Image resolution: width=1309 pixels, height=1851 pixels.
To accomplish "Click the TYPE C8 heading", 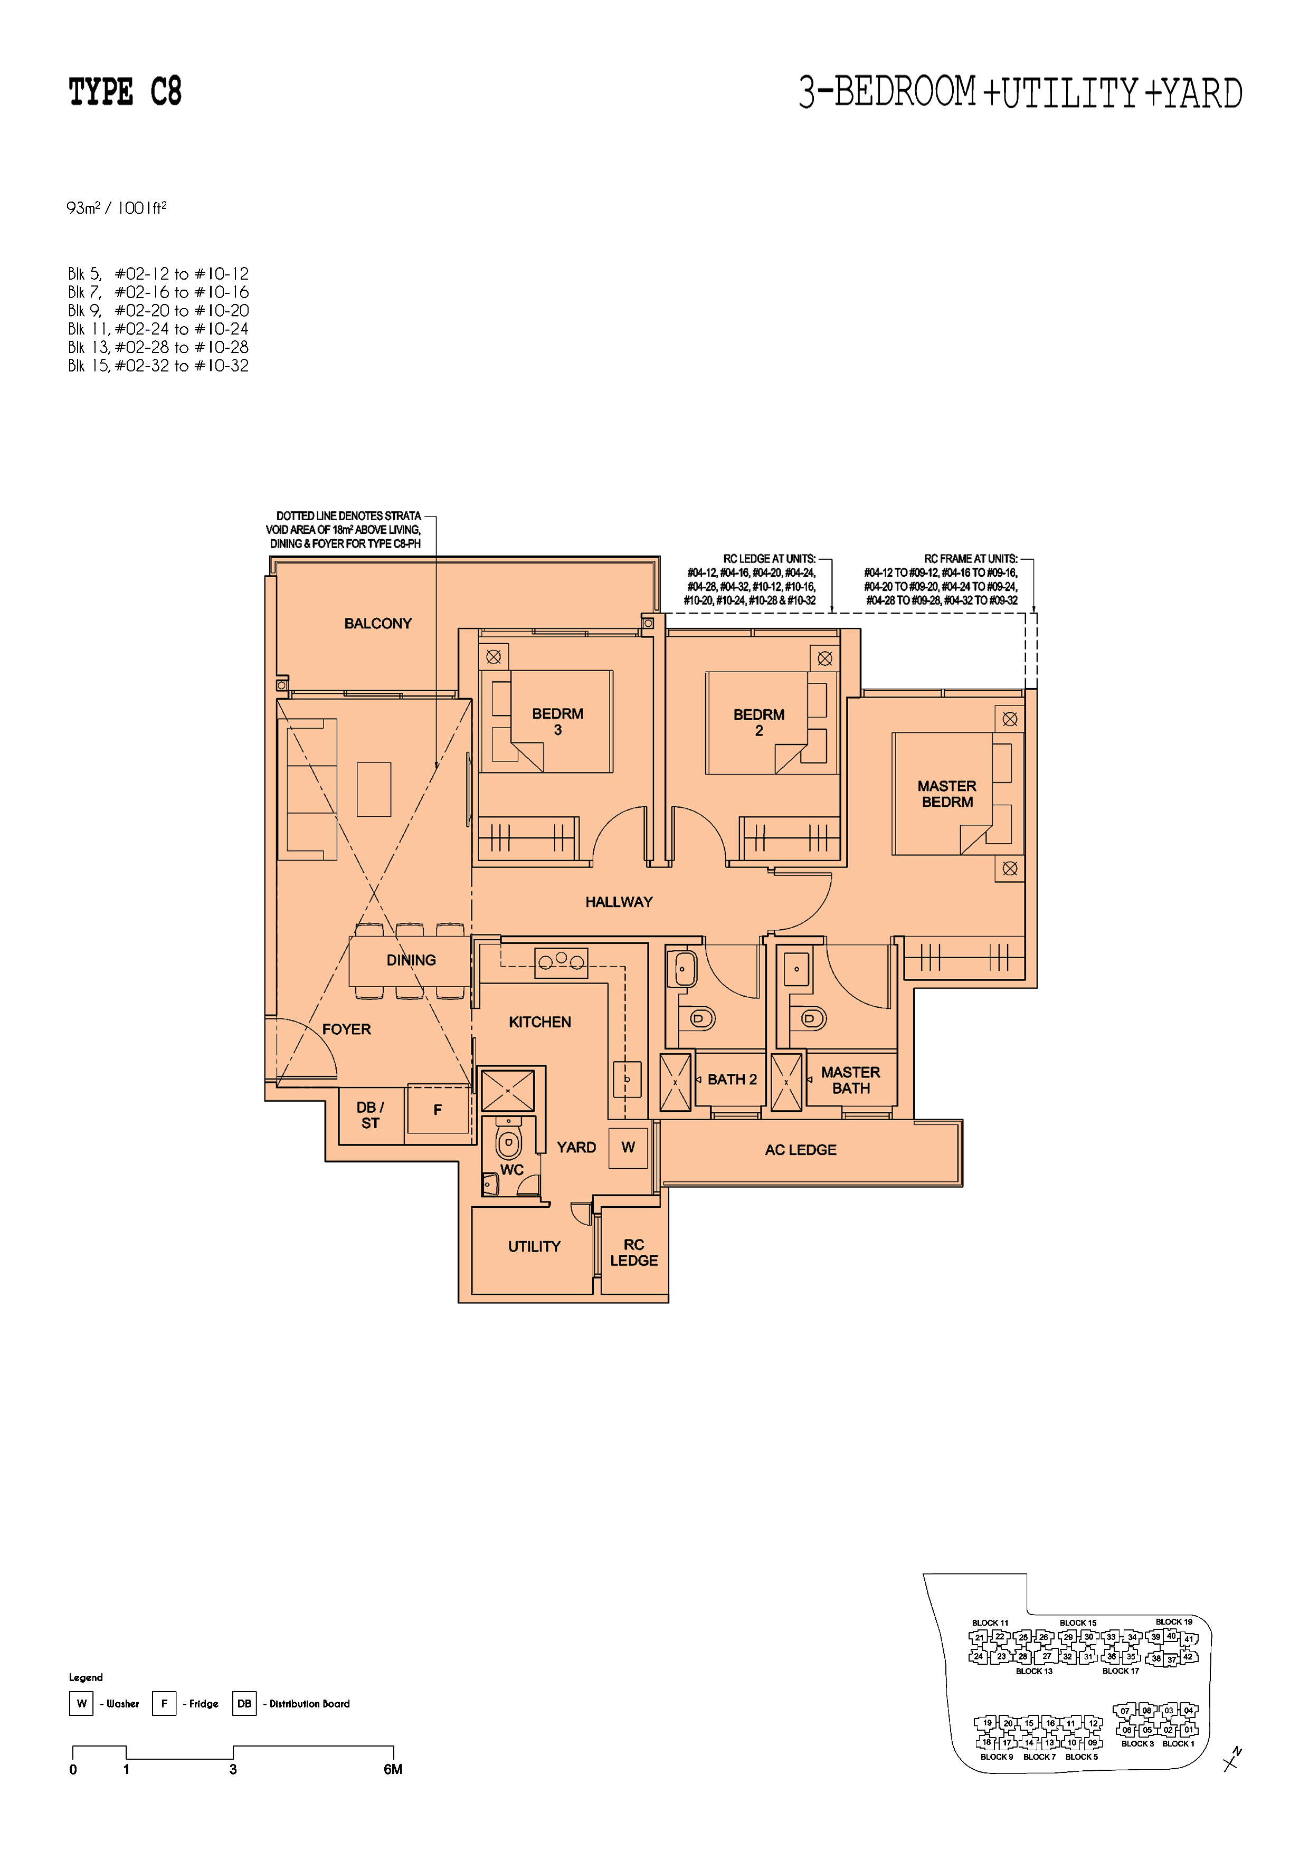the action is [x=125, y=92].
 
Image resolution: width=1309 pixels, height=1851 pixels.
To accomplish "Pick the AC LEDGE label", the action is [x=800, y=1150].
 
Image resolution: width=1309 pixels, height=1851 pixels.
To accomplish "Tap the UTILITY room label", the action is [x=534, y=1246].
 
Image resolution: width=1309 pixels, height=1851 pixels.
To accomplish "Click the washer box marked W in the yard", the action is [x=628, y=1147].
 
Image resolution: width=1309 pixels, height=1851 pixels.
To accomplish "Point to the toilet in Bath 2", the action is [x=700, y=1018].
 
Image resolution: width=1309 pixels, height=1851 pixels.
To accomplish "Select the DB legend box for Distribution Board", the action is [x=244, y=1703].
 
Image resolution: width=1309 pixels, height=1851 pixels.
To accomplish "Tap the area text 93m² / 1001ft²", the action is [x=116, y=208].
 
